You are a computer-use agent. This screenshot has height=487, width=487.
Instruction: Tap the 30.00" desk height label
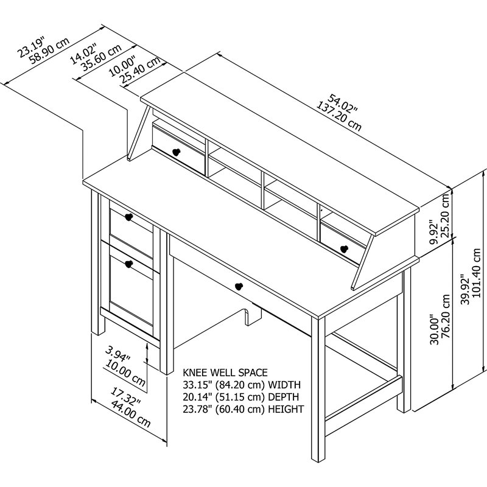coord(433,329)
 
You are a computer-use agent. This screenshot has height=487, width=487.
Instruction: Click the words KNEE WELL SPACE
coord(225,372)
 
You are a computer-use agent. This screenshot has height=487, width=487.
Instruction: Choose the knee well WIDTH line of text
coord(242,385)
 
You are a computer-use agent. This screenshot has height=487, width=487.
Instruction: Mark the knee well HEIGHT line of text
coord(243,409)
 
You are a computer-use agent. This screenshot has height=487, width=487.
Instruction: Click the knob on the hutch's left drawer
coord(177,152)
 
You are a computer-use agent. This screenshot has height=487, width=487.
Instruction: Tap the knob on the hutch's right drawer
coord(344,248)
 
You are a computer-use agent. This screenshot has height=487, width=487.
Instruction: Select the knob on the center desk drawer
coord(238,286)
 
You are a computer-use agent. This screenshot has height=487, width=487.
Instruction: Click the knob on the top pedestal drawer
coord(128,217)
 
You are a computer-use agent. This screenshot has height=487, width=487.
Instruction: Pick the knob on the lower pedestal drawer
coord(128,264)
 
